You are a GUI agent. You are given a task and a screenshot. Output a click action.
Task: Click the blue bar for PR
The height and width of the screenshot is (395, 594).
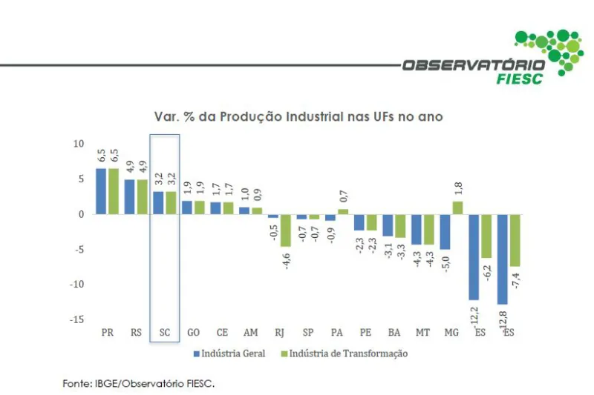(100, 191)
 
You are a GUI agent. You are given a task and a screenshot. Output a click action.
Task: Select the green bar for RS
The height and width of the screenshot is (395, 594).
(141, 196)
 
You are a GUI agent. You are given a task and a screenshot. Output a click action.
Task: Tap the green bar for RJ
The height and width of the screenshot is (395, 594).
(285, 230)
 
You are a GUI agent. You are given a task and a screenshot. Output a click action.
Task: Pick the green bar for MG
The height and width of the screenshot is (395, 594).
(457, 208)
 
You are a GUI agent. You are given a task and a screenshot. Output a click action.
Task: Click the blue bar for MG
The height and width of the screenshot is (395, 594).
(445, 231)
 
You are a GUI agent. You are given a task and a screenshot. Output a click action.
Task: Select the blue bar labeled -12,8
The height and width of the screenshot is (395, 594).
(502, 259)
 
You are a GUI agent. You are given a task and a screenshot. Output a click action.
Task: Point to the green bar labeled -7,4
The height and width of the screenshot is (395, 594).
(514, 240)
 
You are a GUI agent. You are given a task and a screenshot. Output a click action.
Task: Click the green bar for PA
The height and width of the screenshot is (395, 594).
(342, 211)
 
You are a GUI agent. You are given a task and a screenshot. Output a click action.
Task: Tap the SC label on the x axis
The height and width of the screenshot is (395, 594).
(164, 333)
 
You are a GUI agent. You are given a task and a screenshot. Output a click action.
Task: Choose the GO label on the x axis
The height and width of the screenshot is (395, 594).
(193, 333)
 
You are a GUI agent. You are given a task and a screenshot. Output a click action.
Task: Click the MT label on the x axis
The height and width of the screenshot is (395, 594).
(422, 333)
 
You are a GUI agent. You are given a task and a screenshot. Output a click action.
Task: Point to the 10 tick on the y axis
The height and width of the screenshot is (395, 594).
(79, 143)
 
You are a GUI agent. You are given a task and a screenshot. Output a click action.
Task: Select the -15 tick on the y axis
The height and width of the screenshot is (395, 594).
(76, 319)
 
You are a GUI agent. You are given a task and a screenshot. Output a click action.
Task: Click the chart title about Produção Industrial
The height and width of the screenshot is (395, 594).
(298, 116)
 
